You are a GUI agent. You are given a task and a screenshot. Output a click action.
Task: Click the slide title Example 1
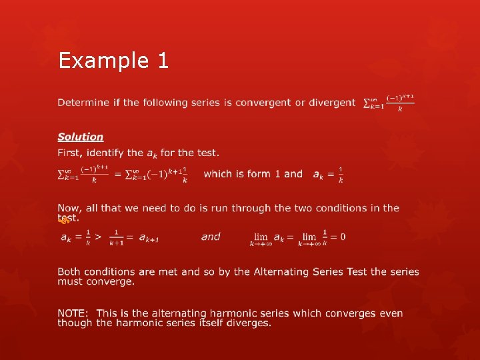pos(113,61)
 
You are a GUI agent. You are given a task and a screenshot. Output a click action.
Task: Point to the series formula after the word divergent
pos(389,103)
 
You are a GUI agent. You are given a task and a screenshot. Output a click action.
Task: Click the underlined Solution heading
pos(81,137)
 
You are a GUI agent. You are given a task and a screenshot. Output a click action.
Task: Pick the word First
pos(69,153)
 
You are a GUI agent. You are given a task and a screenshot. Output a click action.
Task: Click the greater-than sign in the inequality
pos(98,237)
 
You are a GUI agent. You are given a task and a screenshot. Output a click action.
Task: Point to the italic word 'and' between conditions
pos(211,237)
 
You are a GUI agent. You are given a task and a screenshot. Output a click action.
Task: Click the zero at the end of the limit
pos(343,237)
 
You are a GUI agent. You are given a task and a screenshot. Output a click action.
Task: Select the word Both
pos(70,272)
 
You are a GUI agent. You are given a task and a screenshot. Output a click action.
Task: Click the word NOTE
pos(73,313)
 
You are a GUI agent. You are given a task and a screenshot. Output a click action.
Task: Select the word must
pos(69,281)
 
